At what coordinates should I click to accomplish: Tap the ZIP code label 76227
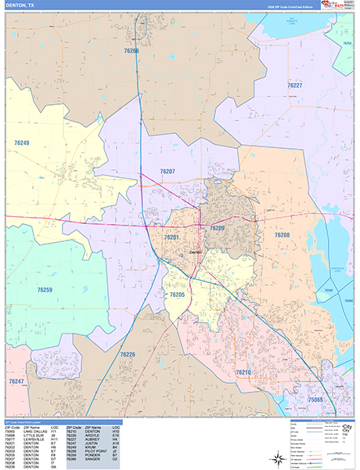pos(294,85)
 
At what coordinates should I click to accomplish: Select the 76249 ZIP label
pos(21,143)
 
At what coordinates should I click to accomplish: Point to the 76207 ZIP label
pos(166,171)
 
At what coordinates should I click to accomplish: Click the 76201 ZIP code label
pos(172,237)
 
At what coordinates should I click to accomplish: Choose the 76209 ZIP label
pos(217,228)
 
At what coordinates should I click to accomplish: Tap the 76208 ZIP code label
pos(282,235)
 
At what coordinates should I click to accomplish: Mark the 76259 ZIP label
pos(45,290)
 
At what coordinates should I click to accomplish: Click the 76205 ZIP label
pos(177,295)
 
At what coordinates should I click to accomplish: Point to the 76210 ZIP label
pos(243,372)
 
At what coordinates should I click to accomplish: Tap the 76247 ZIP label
pos(16,381)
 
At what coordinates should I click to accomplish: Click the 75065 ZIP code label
pos(316,399)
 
